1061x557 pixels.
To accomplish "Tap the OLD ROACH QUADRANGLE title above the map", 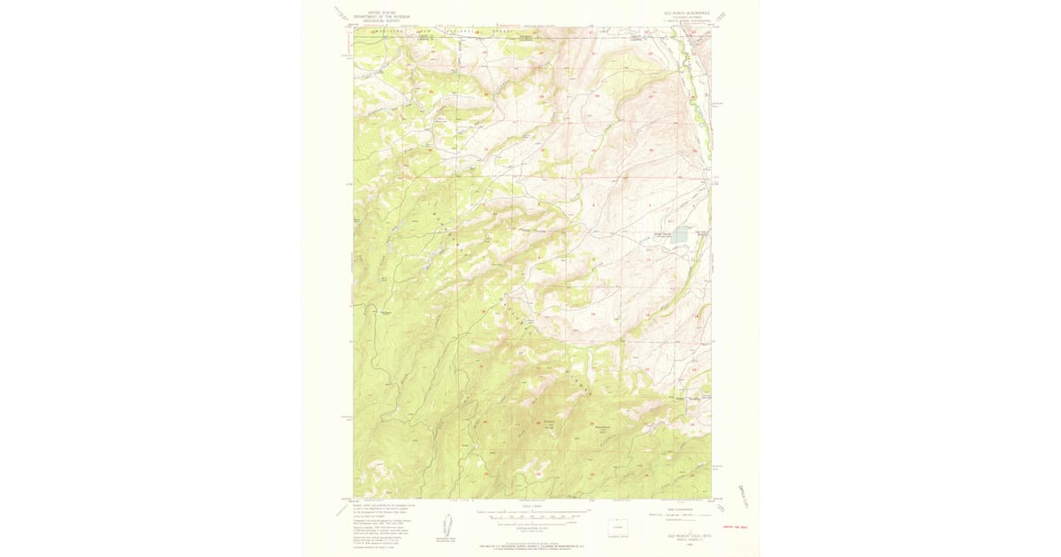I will (x=678, y=11).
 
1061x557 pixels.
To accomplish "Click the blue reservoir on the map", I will (x=678, y=235).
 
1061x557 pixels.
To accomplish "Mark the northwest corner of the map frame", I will (x=354, y=27).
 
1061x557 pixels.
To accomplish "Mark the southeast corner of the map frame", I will (x=711, y=498).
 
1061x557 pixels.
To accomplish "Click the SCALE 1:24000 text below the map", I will (x=532, y=506).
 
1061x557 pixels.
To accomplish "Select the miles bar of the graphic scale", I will (x=532, y=511).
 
